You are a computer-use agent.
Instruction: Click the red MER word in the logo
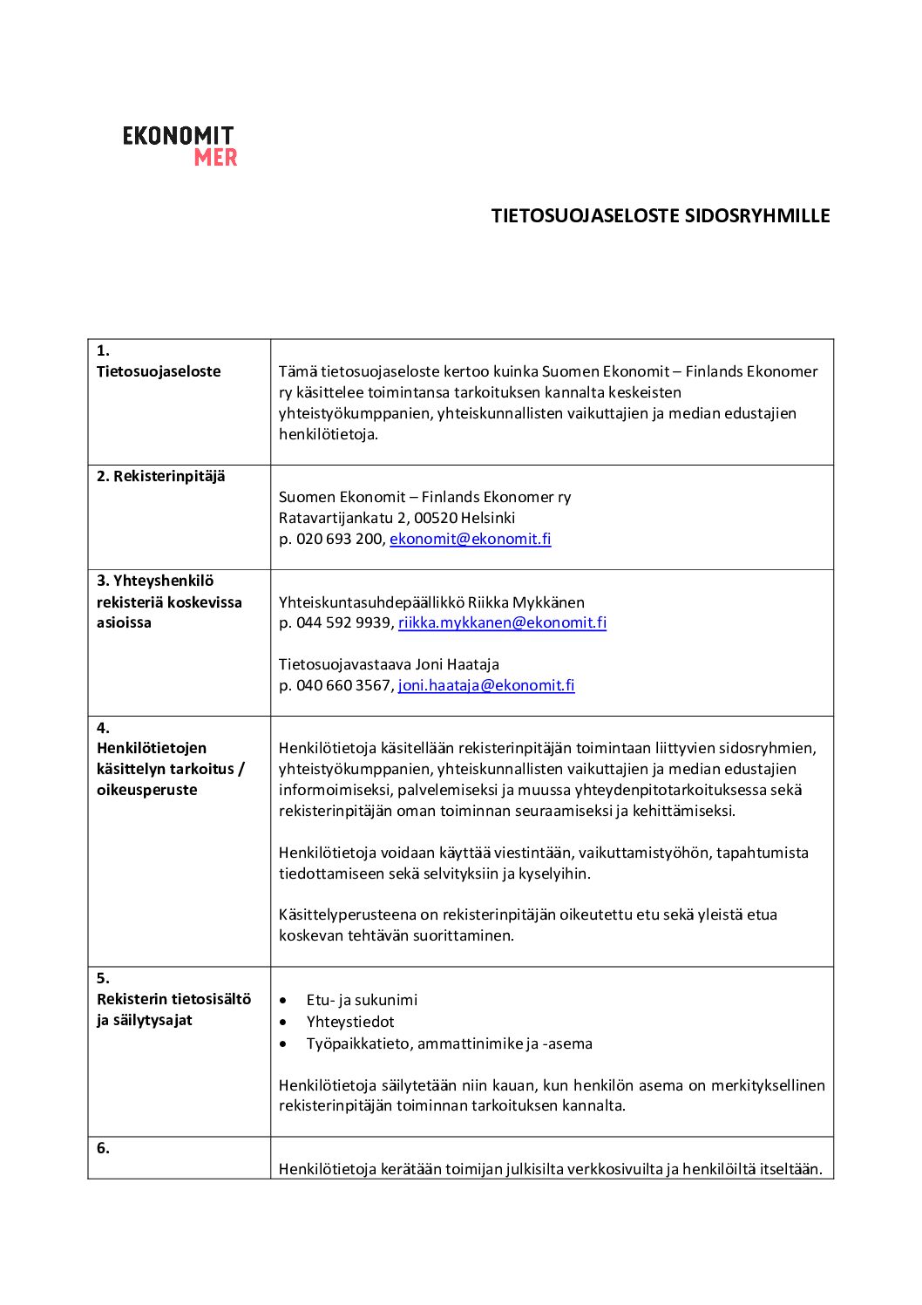coord(215,158)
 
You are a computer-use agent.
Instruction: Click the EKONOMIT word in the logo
coord(178,136)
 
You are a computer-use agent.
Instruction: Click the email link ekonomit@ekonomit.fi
coord(470,539)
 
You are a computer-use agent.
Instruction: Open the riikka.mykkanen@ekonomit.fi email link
coord(502,622)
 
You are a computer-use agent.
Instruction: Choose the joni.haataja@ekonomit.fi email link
coord(486,685)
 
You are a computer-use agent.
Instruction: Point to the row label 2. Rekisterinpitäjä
coord(160,476)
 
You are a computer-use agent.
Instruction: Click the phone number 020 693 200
coord(340,539)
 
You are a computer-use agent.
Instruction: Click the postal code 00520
coord(435,518)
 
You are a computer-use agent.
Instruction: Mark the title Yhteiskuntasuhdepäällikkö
coord(371,602)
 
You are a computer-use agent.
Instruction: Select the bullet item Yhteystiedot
coord(350,1022)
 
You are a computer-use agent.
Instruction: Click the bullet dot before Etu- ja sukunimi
coord(283,1001)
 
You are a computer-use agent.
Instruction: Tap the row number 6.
coord(103,1148)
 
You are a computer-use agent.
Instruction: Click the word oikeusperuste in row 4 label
coord(146,790)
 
